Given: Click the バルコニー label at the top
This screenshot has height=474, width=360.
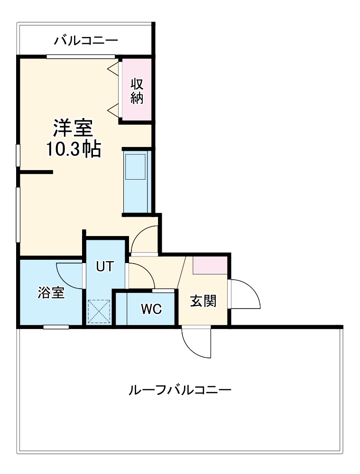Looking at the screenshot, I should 85,40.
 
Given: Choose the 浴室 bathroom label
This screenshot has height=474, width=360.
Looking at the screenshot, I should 51,293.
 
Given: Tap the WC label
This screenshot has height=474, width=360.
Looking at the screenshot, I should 151,309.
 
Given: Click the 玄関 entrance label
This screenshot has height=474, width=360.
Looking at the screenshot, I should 203,301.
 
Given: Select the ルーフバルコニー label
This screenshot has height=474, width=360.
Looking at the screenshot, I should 180,391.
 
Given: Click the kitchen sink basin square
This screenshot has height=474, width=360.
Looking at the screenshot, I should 135,166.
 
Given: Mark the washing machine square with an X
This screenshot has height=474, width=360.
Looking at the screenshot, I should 99,311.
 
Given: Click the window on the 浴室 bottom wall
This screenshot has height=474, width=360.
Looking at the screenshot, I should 56,327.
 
